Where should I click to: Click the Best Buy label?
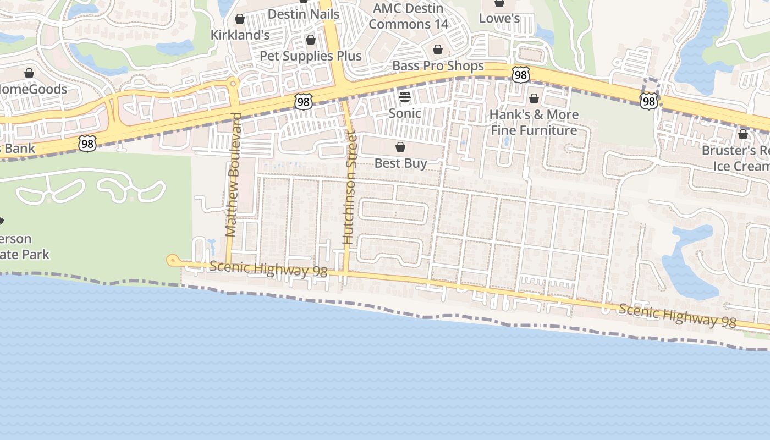[x=400, y=163]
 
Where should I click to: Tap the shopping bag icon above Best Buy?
[x=400, y=147]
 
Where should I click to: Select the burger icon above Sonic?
[x=405, y=97]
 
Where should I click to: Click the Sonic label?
[x=405, y=113]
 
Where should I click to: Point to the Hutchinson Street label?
[x=349, y=187]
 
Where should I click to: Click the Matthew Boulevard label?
[x=233, y=175]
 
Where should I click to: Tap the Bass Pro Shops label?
[x=438, y=66]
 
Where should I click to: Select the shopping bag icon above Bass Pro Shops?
[x=438, y=50]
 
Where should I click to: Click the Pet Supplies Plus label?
[x=311, y=56]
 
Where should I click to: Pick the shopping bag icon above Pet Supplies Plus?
[x=311, y=40]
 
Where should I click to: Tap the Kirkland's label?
[x=240, y=35]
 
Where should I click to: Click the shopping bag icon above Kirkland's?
[x=240, y=19]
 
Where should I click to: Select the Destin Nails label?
[x=304, y=14]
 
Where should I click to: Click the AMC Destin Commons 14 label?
[x=408, y=16]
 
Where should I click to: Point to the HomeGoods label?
[x=33, y=89]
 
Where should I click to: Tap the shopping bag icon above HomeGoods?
[x=29, y=73]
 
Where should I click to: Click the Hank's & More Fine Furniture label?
[x=534, y=122]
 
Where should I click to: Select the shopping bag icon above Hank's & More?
[x=533, y=99]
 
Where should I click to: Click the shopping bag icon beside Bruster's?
[x=743, y=134]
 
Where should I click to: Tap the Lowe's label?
[x=499, y=18]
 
